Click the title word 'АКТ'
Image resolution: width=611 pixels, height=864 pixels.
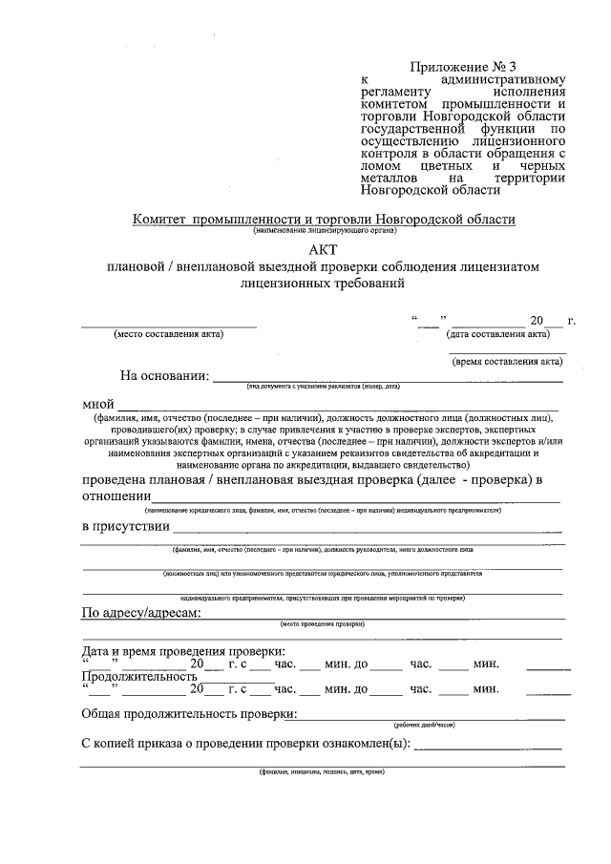tap(324, 248)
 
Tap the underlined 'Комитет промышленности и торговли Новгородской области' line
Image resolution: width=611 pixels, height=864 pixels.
tap(324, 220)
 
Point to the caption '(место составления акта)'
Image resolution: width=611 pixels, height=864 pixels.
tap(169, 334)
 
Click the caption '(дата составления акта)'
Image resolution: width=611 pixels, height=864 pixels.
tap(497, 334)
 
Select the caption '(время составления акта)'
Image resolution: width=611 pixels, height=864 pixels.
tap(507, 361)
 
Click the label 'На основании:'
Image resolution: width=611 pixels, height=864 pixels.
tap(164, 376)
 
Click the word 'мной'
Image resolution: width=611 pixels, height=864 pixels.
tap(99, 404)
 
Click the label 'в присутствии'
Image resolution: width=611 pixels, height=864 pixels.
tap(126, 526)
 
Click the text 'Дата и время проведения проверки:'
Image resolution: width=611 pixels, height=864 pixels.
tap(183, 651)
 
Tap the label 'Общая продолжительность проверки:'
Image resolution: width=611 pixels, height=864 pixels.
tap(189, 714)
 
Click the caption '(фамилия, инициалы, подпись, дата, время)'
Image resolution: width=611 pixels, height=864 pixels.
tap(322, 771)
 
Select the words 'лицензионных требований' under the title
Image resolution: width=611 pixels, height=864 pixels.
tap(324, 284)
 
